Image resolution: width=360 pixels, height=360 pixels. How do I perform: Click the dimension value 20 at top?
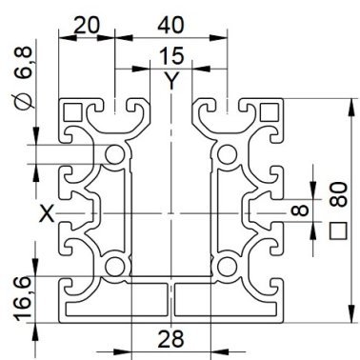87,26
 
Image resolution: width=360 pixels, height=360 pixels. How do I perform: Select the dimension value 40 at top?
170,25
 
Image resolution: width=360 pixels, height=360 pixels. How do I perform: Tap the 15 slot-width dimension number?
171,55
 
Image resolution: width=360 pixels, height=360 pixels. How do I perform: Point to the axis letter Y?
171,81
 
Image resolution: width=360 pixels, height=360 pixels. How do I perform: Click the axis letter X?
47,213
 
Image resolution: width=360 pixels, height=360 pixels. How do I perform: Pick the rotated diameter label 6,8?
24,63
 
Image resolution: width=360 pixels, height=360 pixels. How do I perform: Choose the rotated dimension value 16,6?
23,297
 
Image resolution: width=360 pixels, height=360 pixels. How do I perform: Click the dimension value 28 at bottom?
170,338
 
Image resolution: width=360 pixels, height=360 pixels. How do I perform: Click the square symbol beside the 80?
338,230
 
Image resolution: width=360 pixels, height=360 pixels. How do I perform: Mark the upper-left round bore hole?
114,154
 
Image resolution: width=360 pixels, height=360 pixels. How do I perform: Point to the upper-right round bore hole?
227,154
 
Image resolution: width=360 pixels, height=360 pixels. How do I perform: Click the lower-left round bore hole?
114,267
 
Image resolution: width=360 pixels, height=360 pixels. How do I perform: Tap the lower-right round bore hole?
227,267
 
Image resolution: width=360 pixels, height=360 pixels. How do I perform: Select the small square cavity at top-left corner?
73,112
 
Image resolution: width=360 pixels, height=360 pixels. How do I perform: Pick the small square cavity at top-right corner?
270,112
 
